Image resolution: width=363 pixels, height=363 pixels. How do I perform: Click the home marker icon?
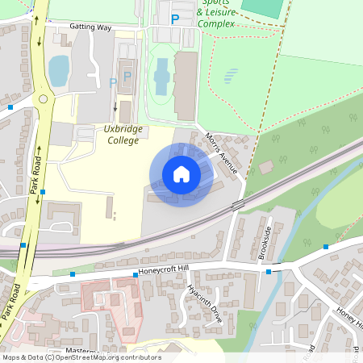click(181, 174)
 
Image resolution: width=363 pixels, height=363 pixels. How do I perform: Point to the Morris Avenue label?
click(222, 153)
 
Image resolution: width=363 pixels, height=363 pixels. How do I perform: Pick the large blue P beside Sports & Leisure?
click(175, 19)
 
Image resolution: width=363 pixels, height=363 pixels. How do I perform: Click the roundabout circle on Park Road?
click(43, 99)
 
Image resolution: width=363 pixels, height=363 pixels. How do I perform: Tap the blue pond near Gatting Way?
click(59, 70)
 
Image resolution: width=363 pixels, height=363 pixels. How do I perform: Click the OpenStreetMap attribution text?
click(81, 357)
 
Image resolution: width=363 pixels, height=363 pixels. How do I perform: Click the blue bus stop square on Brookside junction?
click(269, 272)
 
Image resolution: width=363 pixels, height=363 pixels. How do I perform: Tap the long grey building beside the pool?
click(185, 85)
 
